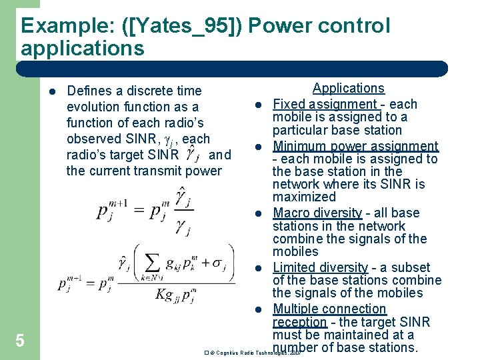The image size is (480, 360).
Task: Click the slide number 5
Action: point(20,341)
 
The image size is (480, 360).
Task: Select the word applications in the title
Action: point(82,48)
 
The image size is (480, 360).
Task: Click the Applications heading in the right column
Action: point(349,88)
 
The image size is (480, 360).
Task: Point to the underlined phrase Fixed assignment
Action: point(325,104)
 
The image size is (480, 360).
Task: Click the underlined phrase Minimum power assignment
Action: point(355,146)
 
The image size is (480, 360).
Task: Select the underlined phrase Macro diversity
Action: point(317,213)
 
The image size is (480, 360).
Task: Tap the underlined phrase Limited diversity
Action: point(320,267)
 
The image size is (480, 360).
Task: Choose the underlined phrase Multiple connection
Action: point(329,309)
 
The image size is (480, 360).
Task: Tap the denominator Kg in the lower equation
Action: point(168,294)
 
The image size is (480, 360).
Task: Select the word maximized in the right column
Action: point(304,197)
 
